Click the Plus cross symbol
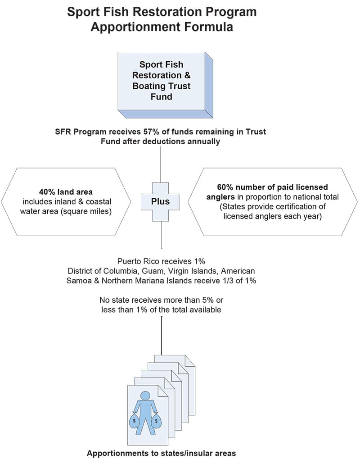[x=160, y=201]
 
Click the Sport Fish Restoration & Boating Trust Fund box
[x=165, y=85]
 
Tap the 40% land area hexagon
[x=66, y=202]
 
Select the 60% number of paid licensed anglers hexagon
[x=273, y=202]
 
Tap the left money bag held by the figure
[x=135, y=420]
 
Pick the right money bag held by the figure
[x=156, y=420]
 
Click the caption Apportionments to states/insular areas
[x=162, y=453]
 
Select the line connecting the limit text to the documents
[x=162, y=336]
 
